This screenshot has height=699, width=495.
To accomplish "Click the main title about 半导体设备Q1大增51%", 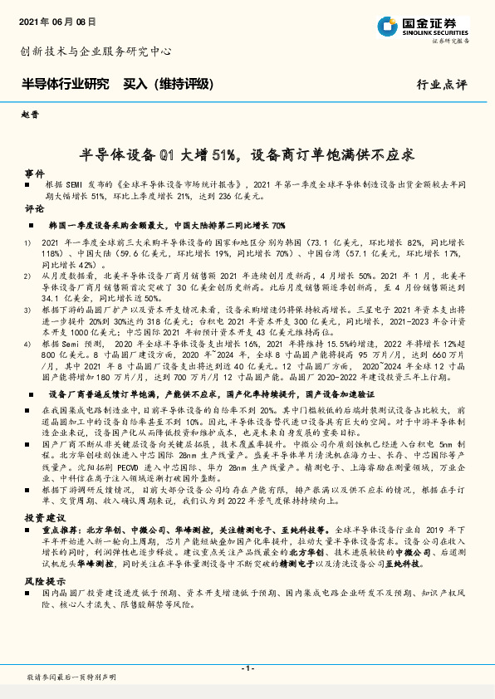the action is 247,154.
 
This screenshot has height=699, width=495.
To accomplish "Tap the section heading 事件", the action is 34,173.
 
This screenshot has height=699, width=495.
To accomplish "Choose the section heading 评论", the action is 34,208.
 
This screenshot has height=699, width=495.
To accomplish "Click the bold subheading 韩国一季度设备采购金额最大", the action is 107,225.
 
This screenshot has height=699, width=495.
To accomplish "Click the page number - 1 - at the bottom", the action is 247,667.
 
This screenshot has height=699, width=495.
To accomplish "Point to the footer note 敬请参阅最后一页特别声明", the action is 71,678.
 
